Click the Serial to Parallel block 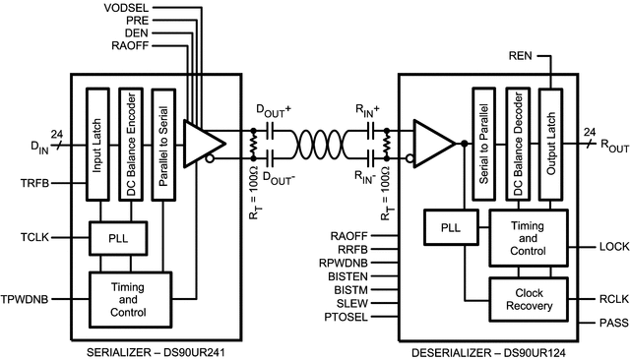[x=482, y=143]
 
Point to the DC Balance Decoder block [x=517, y=143]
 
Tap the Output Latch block [x=550, y=143]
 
